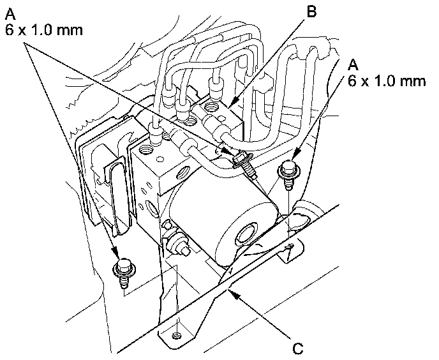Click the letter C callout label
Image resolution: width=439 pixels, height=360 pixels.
(x=297, y=348)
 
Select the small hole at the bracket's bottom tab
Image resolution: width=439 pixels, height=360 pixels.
(x=177, y=334)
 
